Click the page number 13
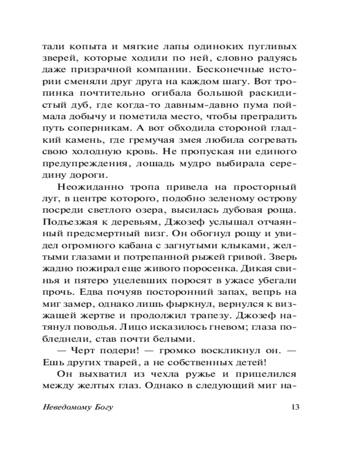pyautogui.click(x=295, y=408)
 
